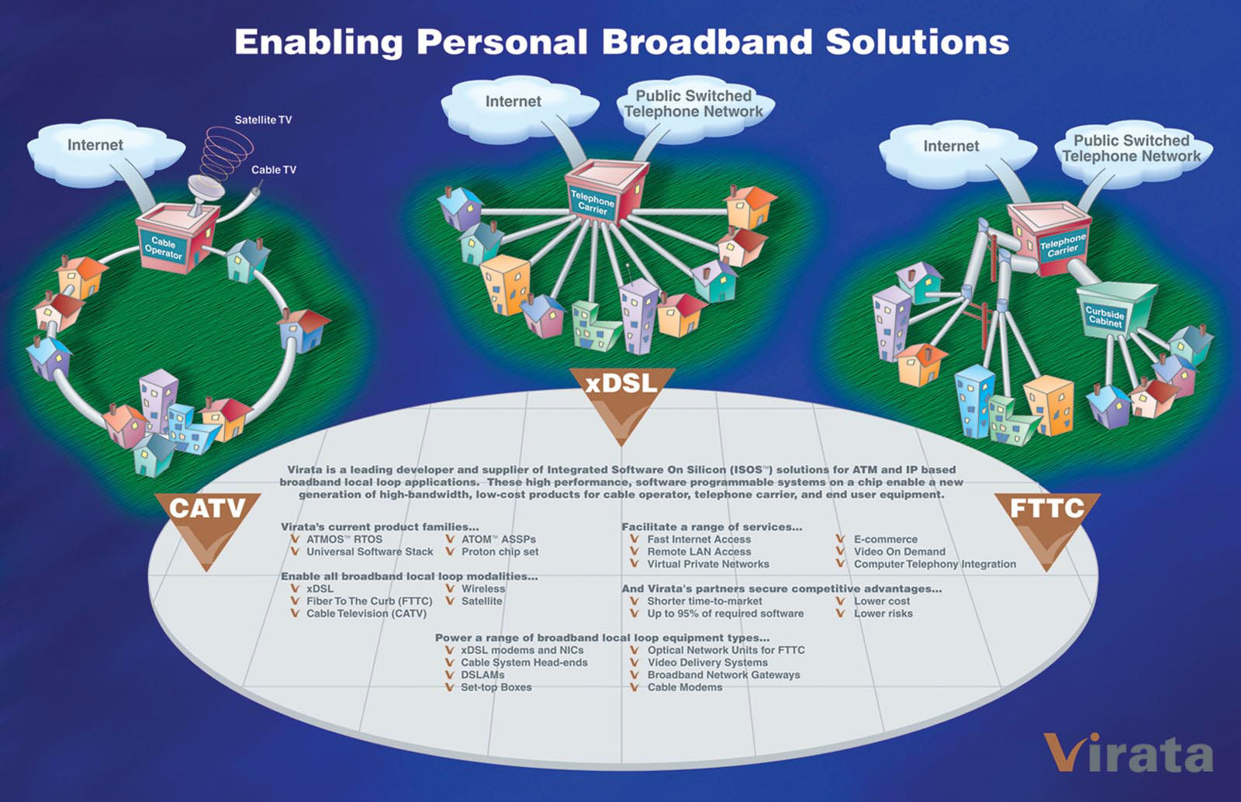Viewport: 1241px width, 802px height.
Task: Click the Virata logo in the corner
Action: (1128, 752)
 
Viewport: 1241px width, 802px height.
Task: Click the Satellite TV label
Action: (263, 120)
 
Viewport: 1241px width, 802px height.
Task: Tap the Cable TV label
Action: (273, 170)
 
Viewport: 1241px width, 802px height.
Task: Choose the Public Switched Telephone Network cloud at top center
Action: (693, 104)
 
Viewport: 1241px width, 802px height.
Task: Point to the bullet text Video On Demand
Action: (899, 551)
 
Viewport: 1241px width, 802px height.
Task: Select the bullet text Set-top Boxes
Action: (496, 687)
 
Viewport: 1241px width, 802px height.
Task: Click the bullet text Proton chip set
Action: (500, 551)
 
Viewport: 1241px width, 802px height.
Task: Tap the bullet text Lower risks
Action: (883, 614)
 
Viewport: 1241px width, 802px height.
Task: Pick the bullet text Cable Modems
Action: (684, 687)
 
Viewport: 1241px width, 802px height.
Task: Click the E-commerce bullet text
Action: (885, 539)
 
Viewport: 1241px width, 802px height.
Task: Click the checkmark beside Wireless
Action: (450, 589)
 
